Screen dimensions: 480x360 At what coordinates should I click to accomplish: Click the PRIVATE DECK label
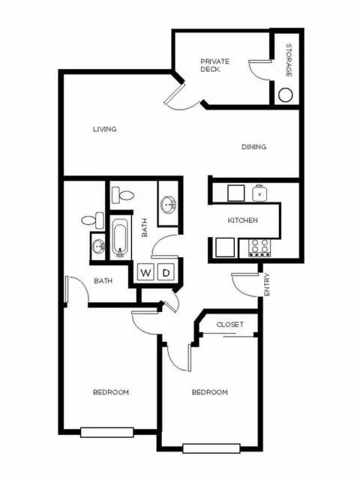point(214,65)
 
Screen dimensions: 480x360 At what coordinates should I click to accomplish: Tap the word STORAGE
point(288,61)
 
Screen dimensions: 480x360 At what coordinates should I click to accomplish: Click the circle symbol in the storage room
point(286,95)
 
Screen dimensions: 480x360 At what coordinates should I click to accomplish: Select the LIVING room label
point(105,129)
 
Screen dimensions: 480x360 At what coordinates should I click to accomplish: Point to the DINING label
point(253,147)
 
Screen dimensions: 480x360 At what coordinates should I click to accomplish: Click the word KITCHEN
point(243,220)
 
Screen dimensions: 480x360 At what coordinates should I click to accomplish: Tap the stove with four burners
point(259,247)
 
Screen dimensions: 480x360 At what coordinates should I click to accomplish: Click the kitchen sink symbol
point(260,193)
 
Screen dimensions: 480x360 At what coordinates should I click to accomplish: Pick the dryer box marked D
point(167,271)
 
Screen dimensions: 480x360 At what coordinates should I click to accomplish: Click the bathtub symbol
point(121,238)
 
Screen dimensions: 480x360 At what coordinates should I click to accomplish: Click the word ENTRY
point(267,286)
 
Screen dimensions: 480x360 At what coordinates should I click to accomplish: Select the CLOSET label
point(230,325)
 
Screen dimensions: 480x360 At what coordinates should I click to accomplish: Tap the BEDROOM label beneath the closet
point(209,392)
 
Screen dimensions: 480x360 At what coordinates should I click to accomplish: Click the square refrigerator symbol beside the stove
point(225,246)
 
